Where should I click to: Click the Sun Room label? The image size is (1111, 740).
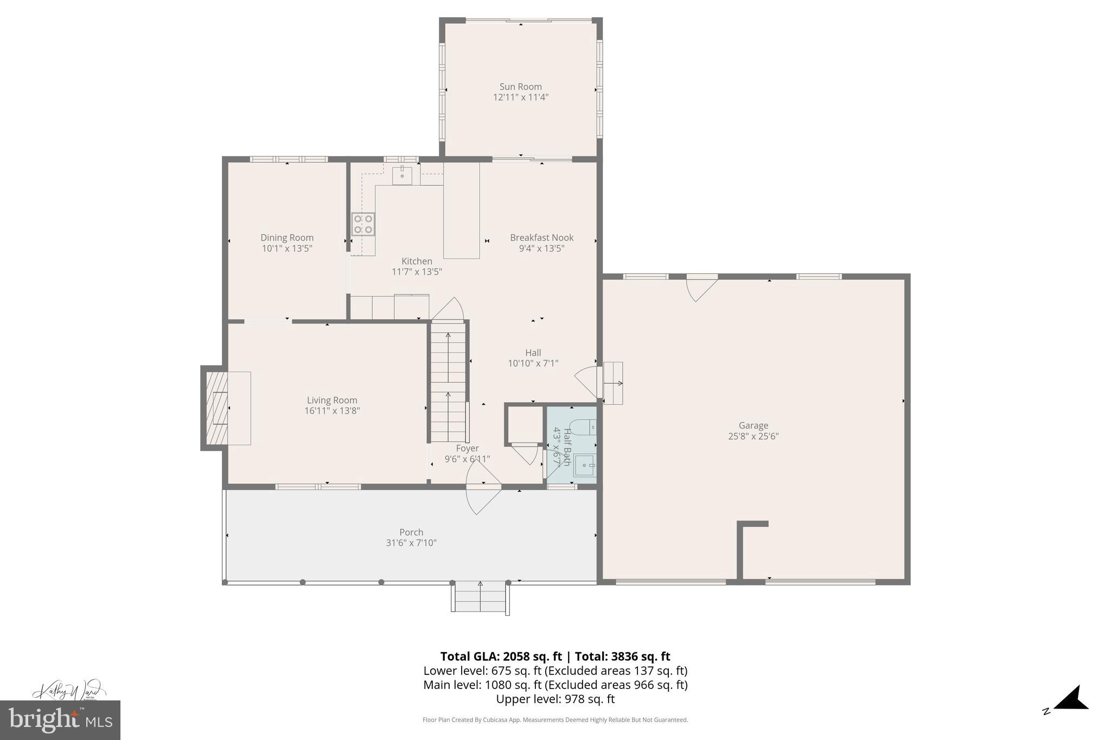(x=520, y=87)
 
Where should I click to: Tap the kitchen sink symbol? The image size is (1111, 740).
(x=402, y=176)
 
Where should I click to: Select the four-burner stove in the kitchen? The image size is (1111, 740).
(x=363, y=224)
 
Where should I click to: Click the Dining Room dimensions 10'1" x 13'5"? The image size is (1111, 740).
(x=287, y=248)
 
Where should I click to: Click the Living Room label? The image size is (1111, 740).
(x=332, y=400)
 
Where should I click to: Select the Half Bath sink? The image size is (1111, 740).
(x=585, y=465)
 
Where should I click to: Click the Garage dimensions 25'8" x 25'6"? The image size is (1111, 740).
(x=753, y=436)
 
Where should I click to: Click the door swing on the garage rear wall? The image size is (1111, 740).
(x=700, y=287)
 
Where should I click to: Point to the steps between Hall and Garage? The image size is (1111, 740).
(x=613, y=383)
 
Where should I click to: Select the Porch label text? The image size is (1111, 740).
(x=411, y=532)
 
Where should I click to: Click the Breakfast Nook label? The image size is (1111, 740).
(x=541, y=237)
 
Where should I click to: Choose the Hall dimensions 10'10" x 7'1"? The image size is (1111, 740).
(x=533, y=363)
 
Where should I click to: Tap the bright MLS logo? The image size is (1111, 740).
(x=60, y=720)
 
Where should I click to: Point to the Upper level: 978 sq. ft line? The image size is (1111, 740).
(x=555, y=699)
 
